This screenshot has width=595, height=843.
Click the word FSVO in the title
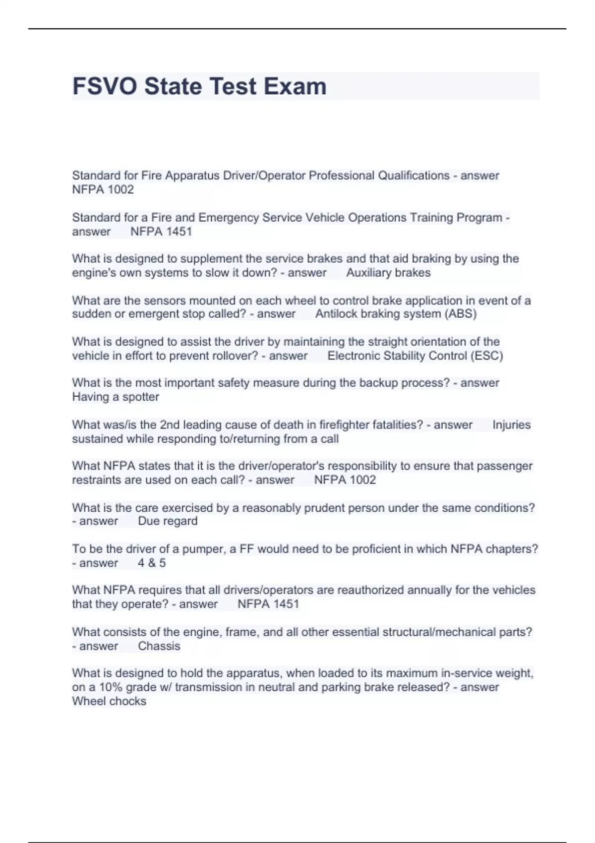coord(105,86)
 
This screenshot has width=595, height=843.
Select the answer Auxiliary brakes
coord(388,273)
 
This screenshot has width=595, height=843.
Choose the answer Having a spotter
coord(116,397)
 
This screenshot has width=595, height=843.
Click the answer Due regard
coord(168,521)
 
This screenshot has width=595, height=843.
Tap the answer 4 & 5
coord(152,563)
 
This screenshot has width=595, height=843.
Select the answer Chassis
coord(159,646)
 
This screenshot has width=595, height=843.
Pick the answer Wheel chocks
coord(109,701)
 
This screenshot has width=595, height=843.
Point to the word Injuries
coord(511,425)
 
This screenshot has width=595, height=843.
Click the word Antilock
coord(337,314)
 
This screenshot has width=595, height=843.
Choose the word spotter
coord(141,397)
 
